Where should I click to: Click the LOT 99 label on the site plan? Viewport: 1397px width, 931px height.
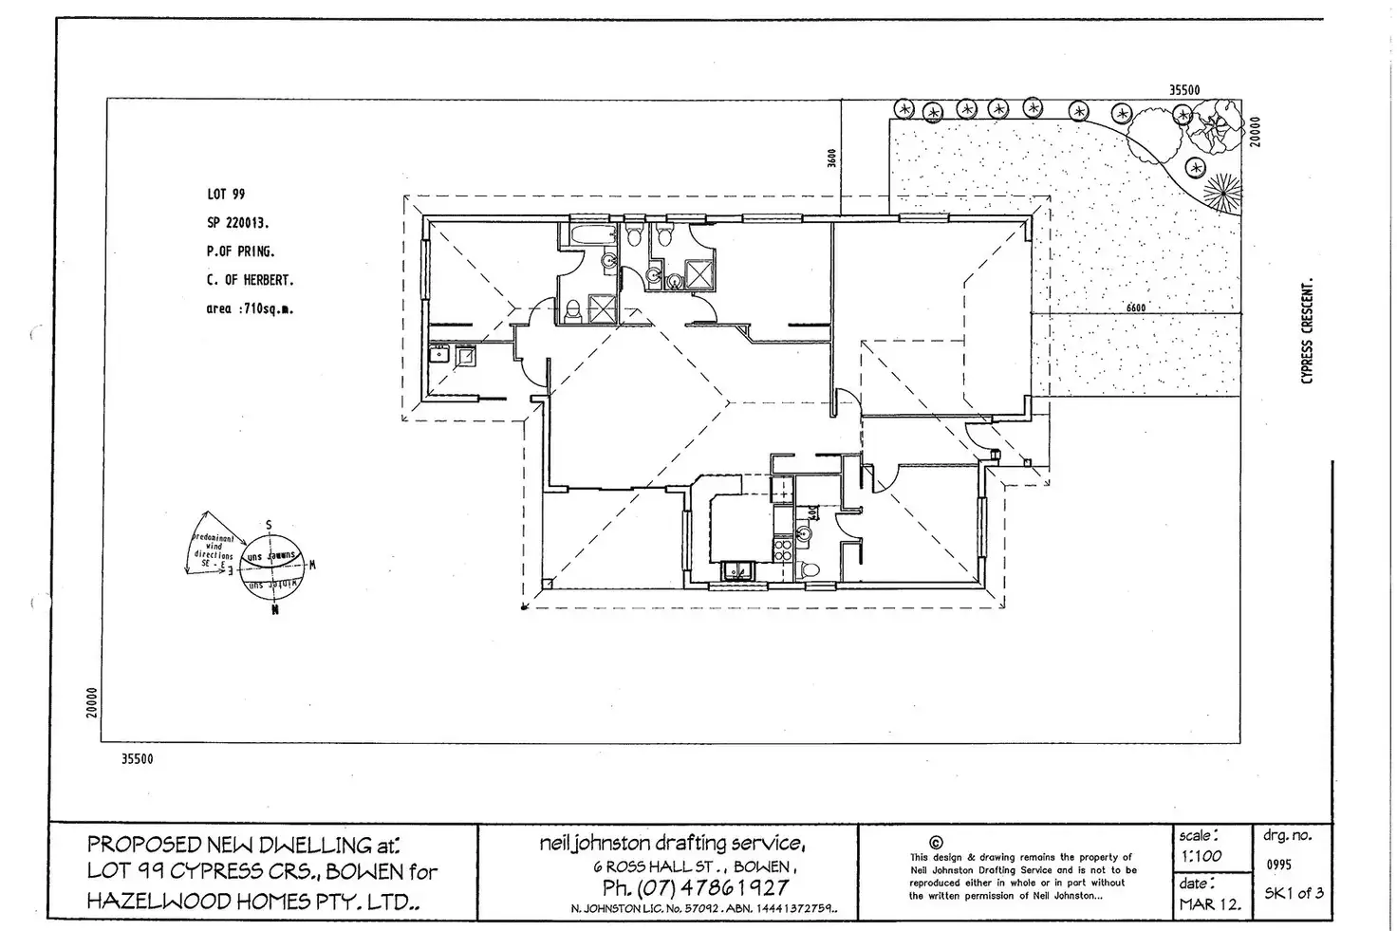point(225,195)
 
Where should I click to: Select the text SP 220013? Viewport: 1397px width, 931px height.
point(237,223)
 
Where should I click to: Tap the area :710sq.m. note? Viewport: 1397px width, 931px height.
point(250,308)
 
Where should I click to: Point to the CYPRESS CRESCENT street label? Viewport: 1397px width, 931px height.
point(1307,331)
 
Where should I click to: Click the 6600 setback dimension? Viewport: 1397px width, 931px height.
point(1135,307)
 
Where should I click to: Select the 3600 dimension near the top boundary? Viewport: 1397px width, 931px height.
point(831,158)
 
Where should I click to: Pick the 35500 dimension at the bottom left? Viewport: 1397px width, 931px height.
point(137,759)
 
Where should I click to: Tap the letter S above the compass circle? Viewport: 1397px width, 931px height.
point(270,525)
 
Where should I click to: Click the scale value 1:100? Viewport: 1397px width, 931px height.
point(1203,856)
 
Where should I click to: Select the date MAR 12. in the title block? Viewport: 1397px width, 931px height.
point(1209,903)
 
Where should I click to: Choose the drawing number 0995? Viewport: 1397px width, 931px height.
point(1278,866)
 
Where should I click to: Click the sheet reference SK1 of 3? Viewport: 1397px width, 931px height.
point(1294,893)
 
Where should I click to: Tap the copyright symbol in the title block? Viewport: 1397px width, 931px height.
point(937,842)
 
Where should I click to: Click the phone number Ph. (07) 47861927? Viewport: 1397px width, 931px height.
point(695,888)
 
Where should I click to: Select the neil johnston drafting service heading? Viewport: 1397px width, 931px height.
point(673,843)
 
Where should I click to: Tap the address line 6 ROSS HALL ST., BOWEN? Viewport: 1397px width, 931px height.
point(695,866)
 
